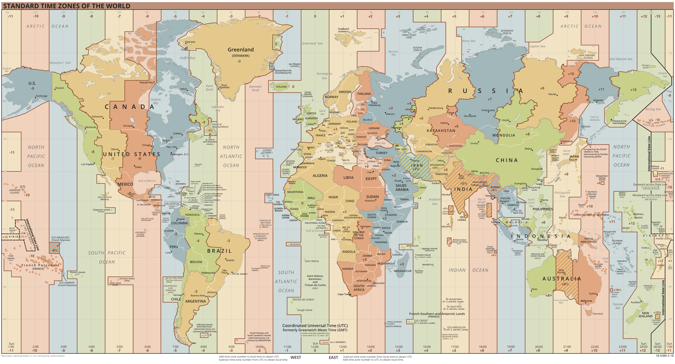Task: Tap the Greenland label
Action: (240, 50)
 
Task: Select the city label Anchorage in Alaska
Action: (41, 96)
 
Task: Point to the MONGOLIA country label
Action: (503, 135)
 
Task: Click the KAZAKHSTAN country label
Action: (441, 130)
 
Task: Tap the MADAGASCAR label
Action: (402, 271)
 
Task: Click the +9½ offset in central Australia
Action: (565, 284)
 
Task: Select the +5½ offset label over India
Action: (464, 183)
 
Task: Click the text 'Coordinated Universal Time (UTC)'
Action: (315, 326)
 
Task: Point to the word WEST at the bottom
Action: (296, 357)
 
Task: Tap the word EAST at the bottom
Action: (333, 357)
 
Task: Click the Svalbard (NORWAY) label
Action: (343, 30)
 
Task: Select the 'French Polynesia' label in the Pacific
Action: (40, 265)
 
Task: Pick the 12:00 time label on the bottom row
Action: (315, 347)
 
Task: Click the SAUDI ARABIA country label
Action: (402, 187)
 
